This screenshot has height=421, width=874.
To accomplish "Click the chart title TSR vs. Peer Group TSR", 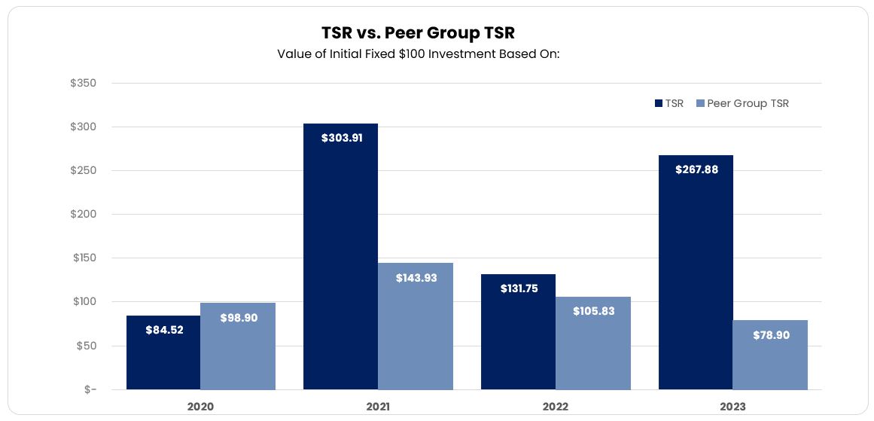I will pyautogui.click(x=418, y=33).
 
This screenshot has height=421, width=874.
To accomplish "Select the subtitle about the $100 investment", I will pyautogui.click(x=418, y=54).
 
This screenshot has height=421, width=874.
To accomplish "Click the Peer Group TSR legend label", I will pyautogui.click(x=748, y=104).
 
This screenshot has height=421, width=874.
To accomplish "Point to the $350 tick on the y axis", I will pyautogui.click(x=83, y=83).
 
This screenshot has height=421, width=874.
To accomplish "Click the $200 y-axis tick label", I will pyautogui.click(x=83, y=215).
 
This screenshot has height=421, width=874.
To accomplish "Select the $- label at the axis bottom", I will pyautogui.click(x=90, y=389).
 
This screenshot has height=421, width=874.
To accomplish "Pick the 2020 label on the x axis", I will pyautogui.click(x=200, y=407).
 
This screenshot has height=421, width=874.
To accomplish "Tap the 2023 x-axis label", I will pyautogui.click(x=732, y=407).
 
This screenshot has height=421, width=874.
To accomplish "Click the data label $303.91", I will pyautogui.click(x=340, y=139).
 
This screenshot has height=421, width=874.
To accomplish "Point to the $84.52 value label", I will pyautogui.click(x=163, y=329).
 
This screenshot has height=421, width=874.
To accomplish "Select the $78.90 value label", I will pyautogui.click(x=771, y=335).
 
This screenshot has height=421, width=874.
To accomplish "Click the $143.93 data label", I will pyautogui.click(x=416, y=278).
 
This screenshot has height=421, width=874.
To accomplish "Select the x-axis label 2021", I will pyautogui.click(x=378, y=407).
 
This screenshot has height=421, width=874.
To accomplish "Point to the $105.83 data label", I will pyautogui.click(x=593, y=311).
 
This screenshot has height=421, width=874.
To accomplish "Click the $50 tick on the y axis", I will pyautogui.click(x=85, y=346).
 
